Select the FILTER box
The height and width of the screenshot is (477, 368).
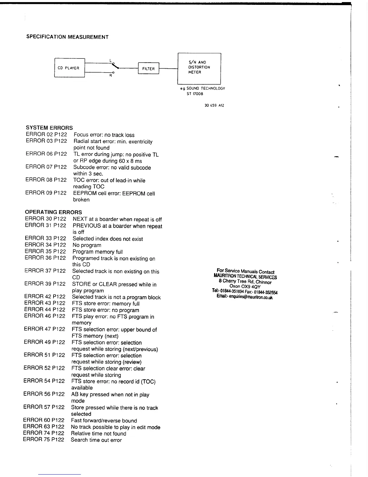tap(148, 69)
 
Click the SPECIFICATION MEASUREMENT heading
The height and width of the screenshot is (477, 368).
tap(67, 37)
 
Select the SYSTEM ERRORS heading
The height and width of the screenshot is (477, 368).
tap(49, 128)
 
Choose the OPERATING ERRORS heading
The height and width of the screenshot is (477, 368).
tap(53, 212)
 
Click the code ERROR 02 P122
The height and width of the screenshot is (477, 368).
tap(46, 135)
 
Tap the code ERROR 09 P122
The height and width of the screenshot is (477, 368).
tap(46, 193)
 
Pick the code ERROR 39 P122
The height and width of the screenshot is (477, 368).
tap(45, 284)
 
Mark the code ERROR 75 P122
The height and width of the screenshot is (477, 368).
tap(44, 439)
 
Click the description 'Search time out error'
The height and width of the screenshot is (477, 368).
tap(96, 440)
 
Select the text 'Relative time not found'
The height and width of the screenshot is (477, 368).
tap(99, 434)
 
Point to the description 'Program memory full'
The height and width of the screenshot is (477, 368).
tap(98, 252)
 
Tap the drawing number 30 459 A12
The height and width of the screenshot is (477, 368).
tap(214, 106)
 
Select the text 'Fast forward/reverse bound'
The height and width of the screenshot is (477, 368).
tap(104, 421)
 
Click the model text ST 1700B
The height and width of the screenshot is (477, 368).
tap(195, 94)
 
